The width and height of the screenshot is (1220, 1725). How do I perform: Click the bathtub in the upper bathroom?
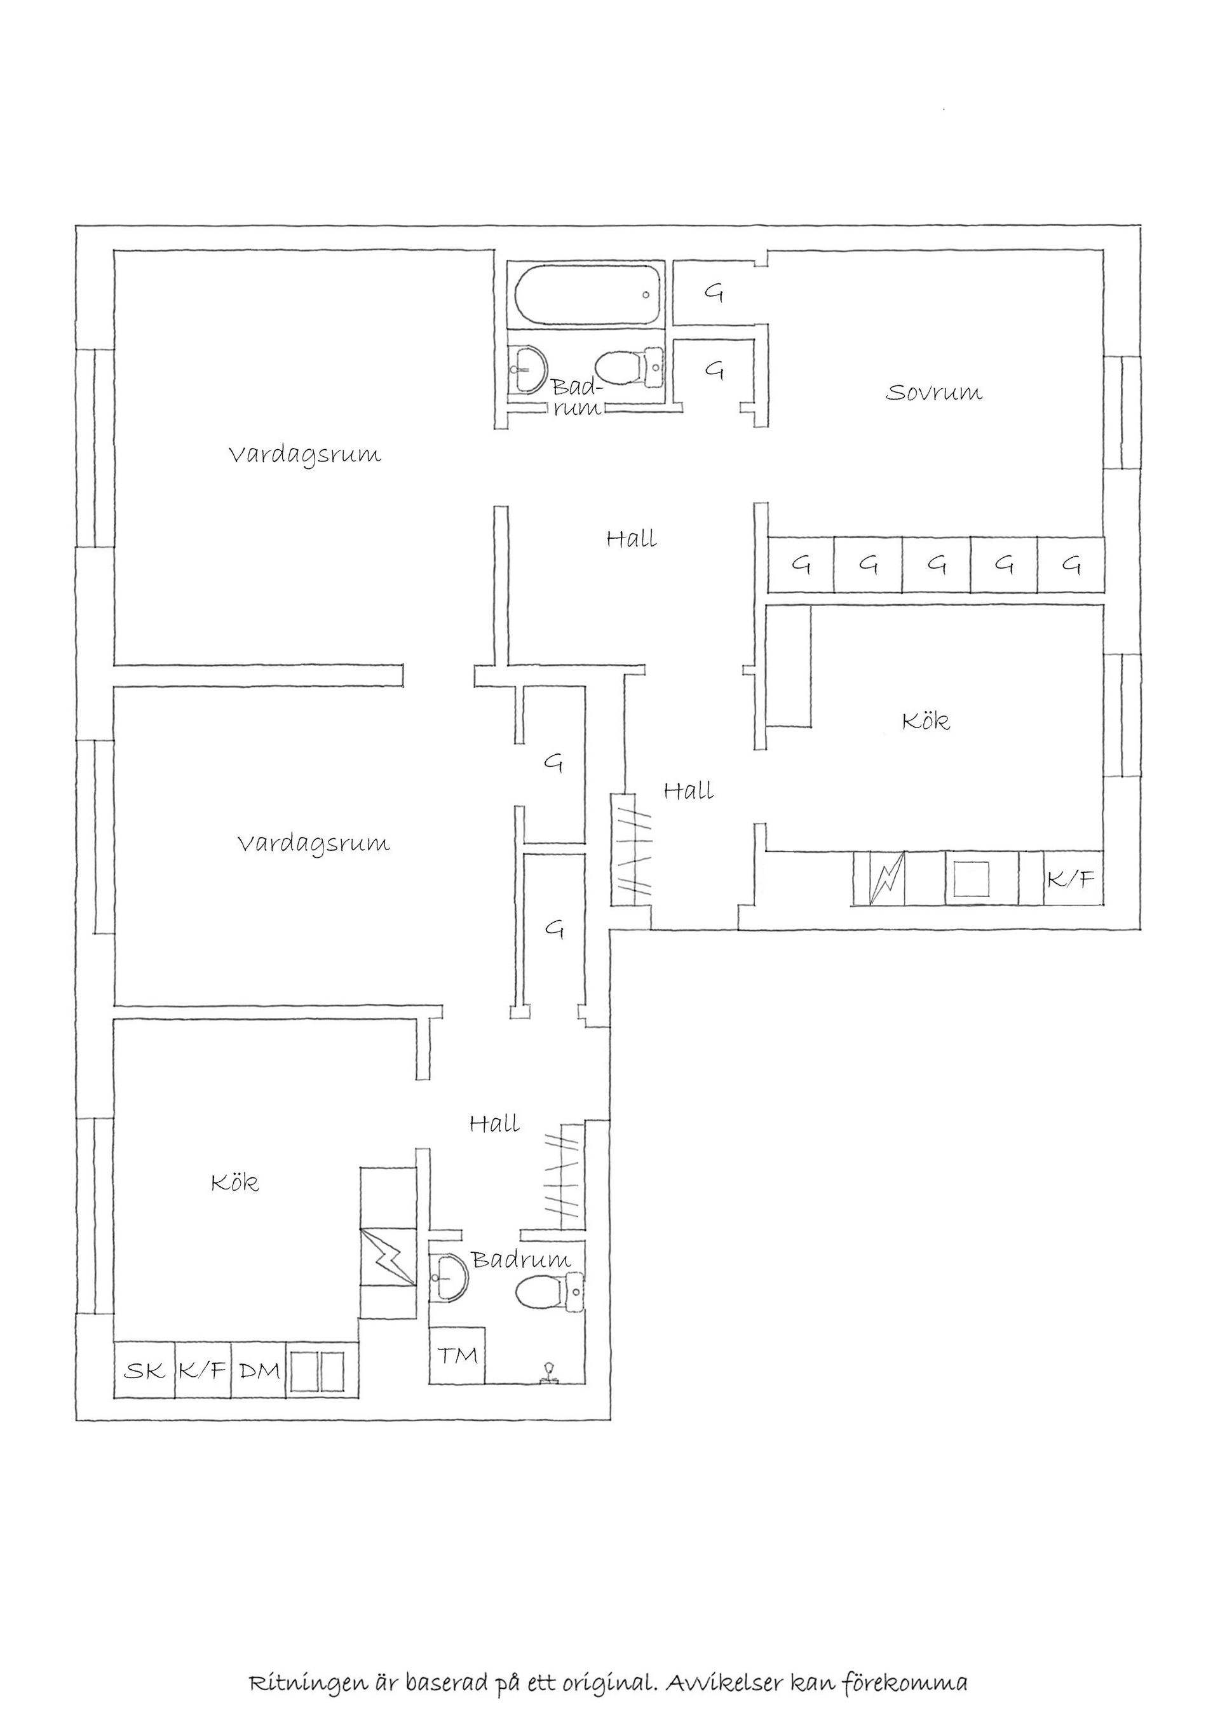588,295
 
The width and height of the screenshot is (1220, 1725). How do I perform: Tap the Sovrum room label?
934,393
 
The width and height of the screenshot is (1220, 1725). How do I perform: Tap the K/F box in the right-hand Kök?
1071,879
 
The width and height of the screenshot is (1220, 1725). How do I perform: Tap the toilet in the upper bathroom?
632,368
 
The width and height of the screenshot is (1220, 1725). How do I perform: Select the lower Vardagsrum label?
314,844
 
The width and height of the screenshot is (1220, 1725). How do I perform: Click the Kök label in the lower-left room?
234,1183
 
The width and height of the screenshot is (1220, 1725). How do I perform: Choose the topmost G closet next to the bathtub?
714,292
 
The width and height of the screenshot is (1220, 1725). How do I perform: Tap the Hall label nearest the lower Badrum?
494,1125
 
